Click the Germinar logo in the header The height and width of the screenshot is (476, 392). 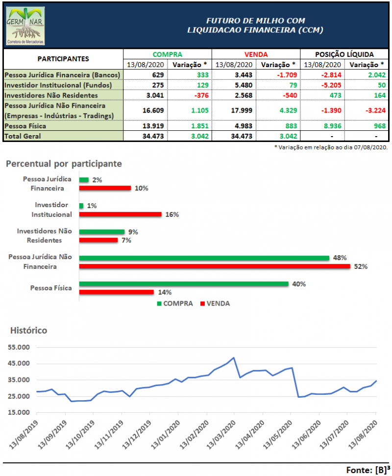click(x=25, y=25)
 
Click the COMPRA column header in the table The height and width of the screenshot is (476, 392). click(x=167, y=55)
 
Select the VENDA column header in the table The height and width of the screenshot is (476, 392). click(x=255, y=55)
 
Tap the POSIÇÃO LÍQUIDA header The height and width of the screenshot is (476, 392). click(x=343, y=55)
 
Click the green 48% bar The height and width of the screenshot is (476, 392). click(x=204, y=258)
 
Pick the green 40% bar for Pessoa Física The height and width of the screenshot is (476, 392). click(x=183, y=284)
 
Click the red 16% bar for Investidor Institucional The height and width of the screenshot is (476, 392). click(x=120, y=214)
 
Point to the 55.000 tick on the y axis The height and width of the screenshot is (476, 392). click(x=20, y=347)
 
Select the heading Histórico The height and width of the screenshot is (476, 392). click(x=29, y=331)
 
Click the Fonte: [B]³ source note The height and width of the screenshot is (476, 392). click(x=366, y=469)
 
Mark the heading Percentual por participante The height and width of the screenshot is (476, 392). click(x=64, y=164)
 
